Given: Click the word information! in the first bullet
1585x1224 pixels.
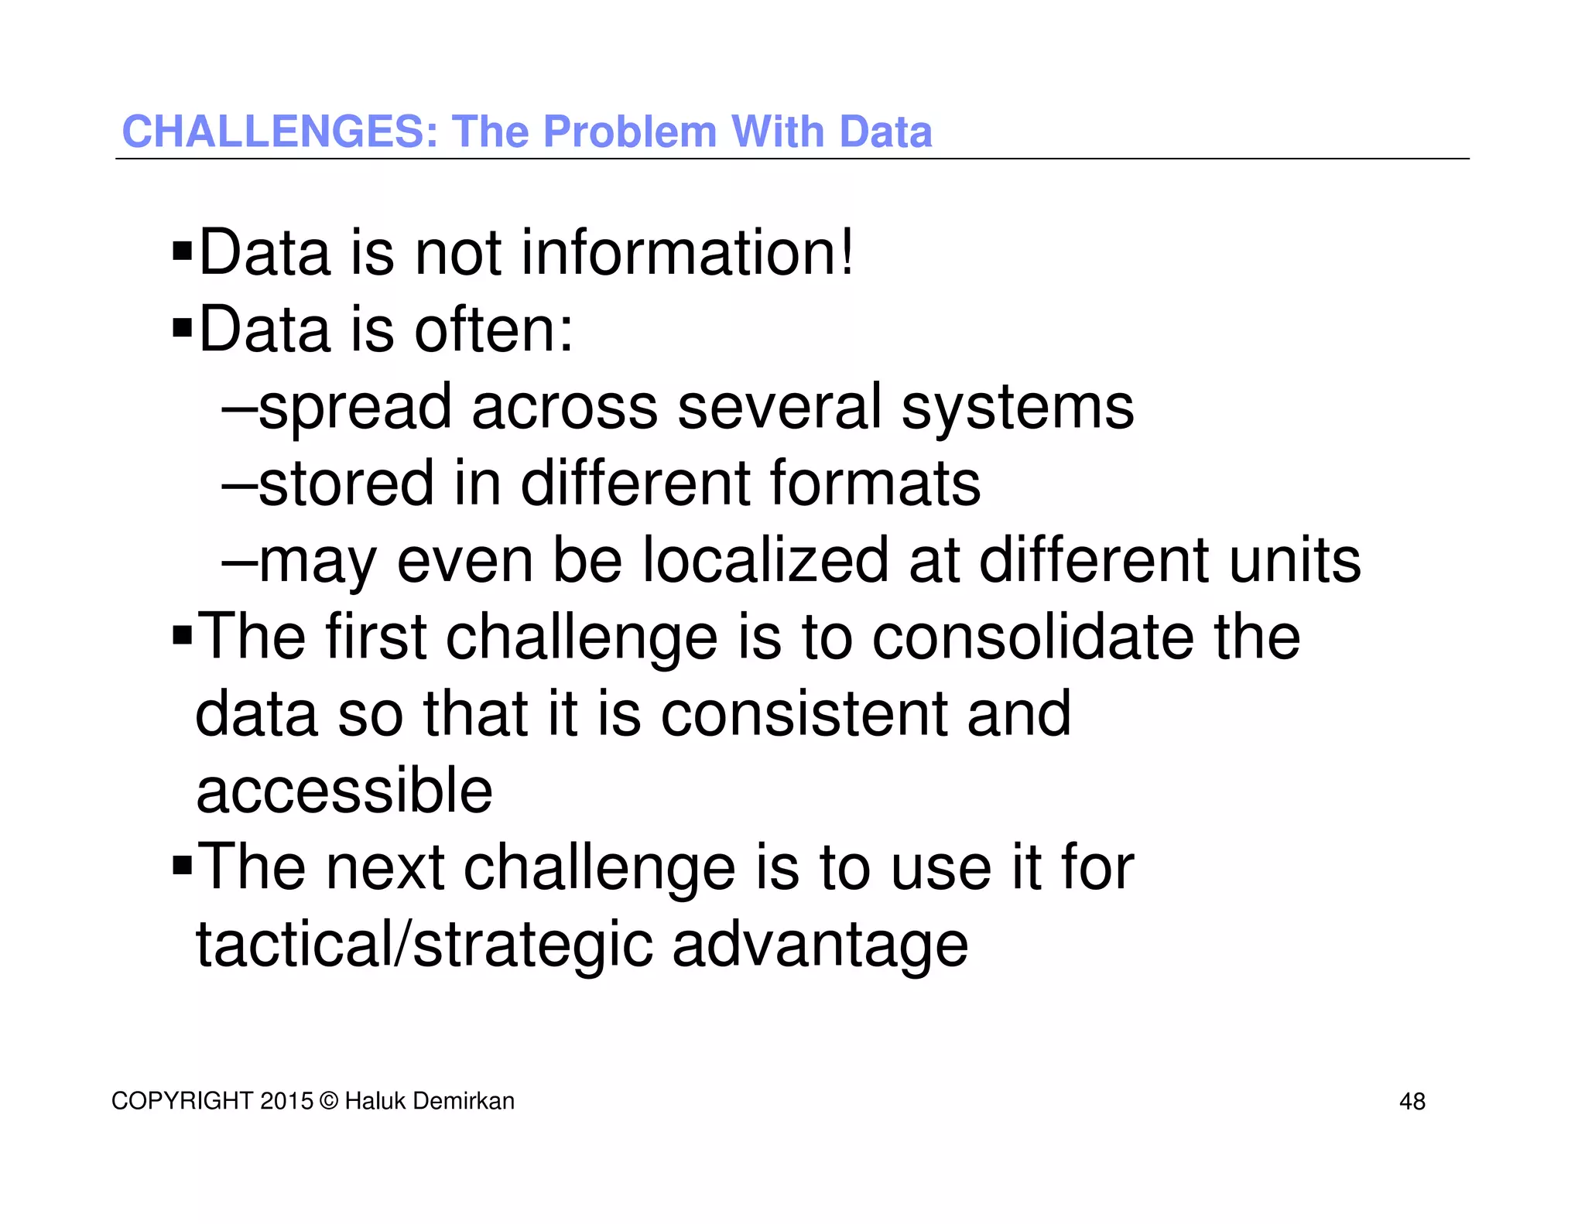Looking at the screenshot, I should (687, 253).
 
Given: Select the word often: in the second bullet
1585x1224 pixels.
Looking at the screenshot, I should (494, 330).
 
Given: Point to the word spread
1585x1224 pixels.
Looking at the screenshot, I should (354, 408).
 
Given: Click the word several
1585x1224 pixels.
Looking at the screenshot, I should (779, 408).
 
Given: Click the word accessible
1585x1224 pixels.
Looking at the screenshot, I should (344, 791).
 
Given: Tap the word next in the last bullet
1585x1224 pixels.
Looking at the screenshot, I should (385, 867).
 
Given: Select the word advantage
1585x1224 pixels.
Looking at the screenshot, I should (820, 945).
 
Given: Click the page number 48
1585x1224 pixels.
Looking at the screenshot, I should (1412, 1102).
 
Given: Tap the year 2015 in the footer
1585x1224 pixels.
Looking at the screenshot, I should (286, 1101).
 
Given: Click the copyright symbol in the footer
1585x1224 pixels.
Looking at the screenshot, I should (329, 1101).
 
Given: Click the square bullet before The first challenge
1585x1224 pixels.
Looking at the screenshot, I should (182, 636).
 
